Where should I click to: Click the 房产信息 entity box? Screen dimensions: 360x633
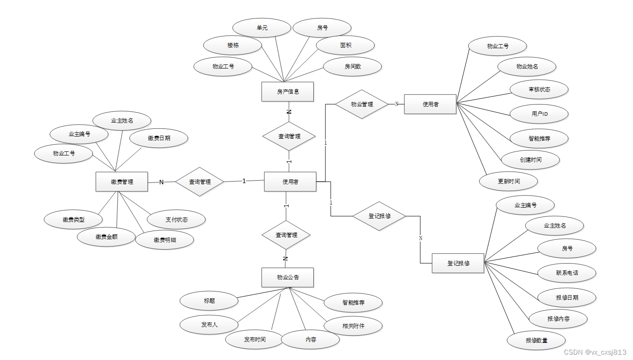(288, 91)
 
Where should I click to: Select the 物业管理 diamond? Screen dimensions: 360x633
(362, 104)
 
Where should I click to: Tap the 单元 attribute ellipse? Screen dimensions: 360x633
(262, 27)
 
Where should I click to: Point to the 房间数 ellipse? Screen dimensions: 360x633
(353, 66)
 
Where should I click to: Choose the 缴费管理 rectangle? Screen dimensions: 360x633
(122, 182)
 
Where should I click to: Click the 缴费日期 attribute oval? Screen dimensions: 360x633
(159, 138)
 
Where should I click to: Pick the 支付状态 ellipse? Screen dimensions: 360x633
(176, 219)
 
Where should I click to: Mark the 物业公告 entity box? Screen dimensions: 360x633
(288, 277)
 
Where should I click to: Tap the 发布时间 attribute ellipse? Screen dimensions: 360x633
(255, 339)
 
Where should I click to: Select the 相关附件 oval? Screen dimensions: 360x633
(353, 326)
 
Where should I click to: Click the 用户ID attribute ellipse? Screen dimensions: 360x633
(539, 114)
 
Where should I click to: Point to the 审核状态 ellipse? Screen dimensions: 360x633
(539, 89)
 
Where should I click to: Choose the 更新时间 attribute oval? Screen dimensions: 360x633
(509, 181)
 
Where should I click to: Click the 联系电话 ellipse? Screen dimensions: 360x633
(567, 273)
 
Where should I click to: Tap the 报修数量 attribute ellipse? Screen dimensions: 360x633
(536, 340)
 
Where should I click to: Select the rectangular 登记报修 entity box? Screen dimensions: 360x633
(458, 263)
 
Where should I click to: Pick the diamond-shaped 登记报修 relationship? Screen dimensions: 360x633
(379, 216)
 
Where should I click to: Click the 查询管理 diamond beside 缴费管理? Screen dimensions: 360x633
(200, 182)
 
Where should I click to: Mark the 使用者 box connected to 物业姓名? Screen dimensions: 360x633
(430, 104)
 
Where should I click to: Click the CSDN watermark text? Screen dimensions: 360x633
(595, 352)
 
